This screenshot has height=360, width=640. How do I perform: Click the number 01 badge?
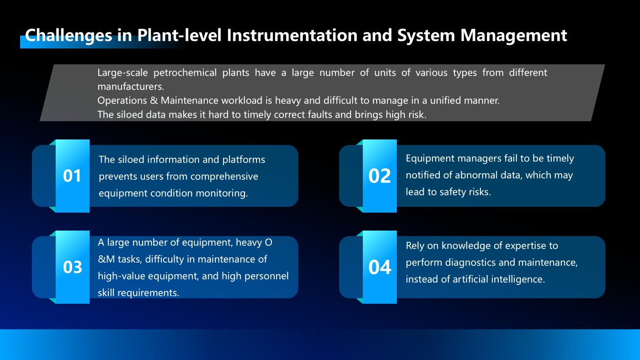coord(72,176)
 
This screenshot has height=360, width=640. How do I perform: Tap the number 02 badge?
coord(379,176)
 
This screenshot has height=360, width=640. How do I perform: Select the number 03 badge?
coord(72,267)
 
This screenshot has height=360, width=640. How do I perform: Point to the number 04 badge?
coord(379,267)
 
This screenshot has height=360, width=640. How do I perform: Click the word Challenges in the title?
coord(69,36)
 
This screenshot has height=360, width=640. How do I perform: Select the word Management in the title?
coord(513,36)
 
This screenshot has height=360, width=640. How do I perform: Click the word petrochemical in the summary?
coord(185,73)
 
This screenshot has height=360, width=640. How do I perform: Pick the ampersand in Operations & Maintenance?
coord(154,100)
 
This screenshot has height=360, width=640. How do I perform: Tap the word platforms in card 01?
coord(244,160)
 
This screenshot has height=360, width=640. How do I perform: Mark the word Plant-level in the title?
coord(179,35)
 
